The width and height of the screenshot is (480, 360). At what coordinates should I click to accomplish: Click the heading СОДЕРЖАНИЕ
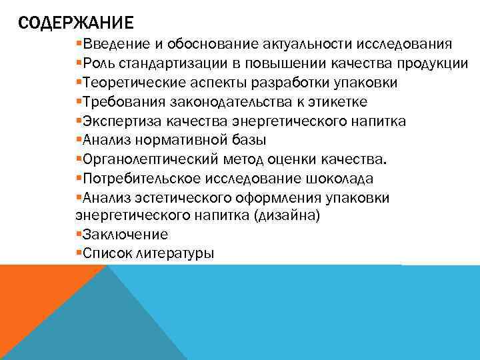76,25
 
